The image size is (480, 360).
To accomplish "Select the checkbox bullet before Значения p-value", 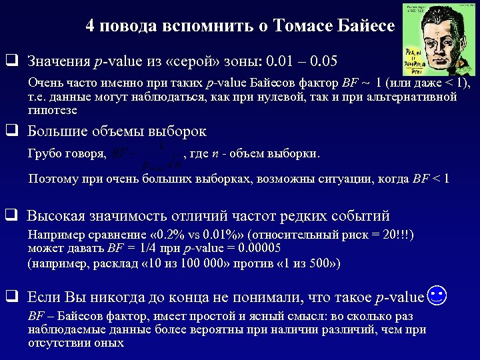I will (x=11, y=61).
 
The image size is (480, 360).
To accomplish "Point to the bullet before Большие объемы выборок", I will (x=11, y=131).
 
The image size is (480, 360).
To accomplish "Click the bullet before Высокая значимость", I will (x=11, y=215).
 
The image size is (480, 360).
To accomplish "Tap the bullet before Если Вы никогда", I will (x=11, y=297).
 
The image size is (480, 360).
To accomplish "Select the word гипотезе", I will (x=52, y=109).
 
